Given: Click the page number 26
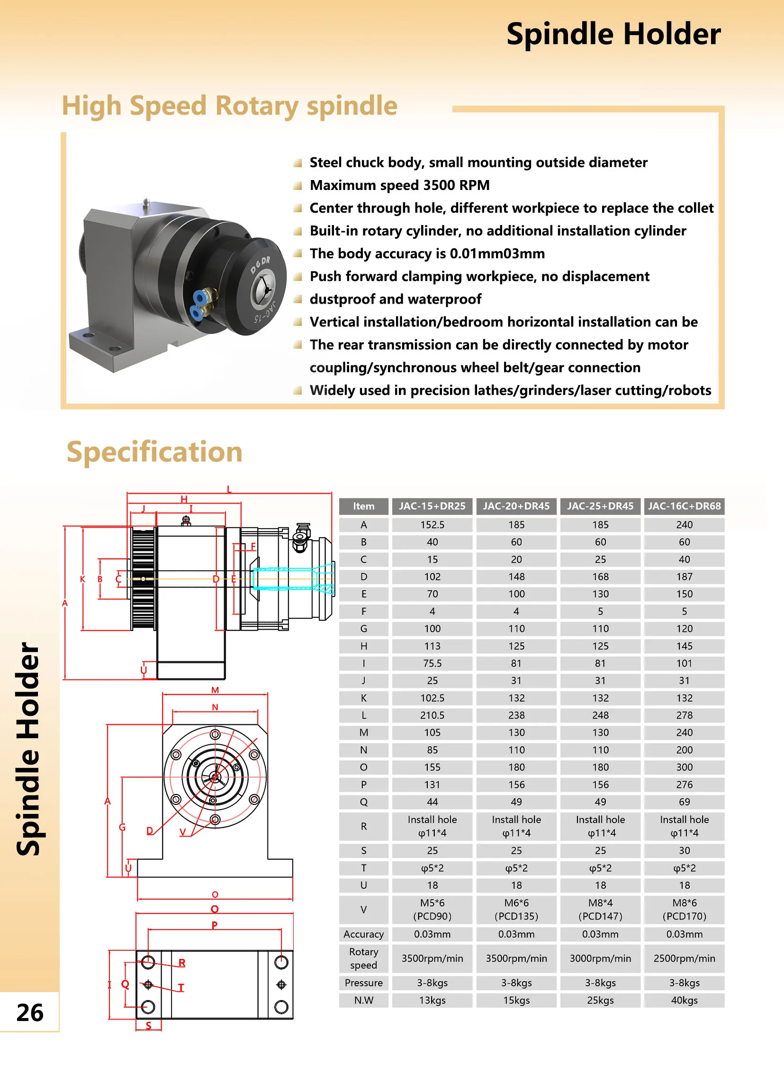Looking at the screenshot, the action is pyautogui.click(x=30, y=1012).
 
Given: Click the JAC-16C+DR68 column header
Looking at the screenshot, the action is pyautogui.click(x=684, y=506).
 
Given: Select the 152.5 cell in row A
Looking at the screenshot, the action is pyautogui.click(x=432, y=524).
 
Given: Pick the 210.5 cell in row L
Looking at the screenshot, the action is pyautogui.click(x=432, y=715).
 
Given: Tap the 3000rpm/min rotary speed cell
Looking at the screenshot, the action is pyautogui.click(x=600, y=958).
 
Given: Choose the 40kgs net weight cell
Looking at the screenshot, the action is pyautogui.click(x=684, y=1000).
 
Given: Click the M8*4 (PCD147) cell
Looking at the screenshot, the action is pyautogui.click(x=600, y=909).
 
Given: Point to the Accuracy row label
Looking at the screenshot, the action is pyautogui.click(x=363, y=934).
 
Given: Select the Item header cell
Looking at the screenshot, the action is pyautogui.click(x=363, y=506).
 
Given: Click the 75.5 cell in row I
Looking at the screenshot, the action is pyautogui.click(x=432, y=663).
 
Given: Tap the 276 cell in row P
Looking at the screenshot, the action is pyautogui.click(x=684, y=785).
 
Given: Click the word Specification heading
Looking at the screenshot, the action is pyautogui.click(x=155, y=452).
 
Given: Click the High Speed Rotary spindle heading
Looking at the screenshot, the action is pyautogui.click(x=230, y=106).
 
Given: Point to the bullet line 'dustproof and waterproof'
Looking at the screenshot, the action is pyautogui.click(x=396, y=299).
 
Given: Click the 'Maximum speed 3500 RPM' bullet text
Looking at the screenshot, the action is pyautogui.click(x=400, y=185).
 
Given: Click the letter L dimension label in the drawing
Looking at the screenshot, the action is pyautogui.click(x=229, y=489).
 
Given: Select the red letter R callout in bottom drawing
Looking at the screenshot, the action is pyautogui.click(x=182, y=963).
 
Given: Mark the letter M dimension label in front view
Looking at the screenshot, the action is pyautogui.click(x=215, y=690).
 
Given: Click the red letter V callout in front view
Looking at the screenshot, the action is pyautogui.click(x=183, y=832).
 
